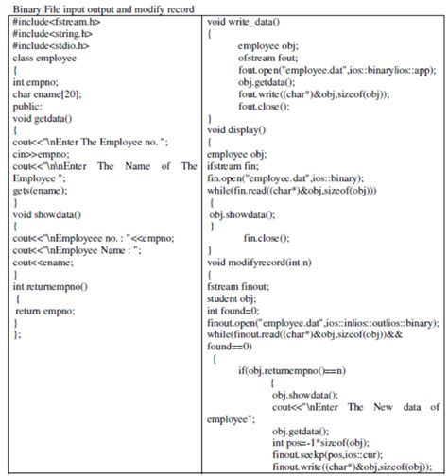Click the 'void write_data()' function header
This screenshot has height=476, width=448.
[x=247, y=20]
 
